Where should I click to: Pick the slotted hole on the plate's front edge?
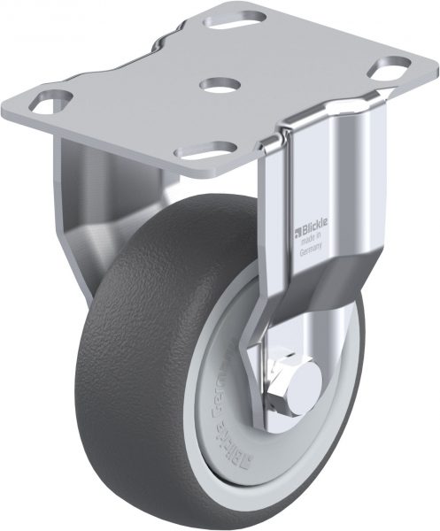point(215,149)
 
